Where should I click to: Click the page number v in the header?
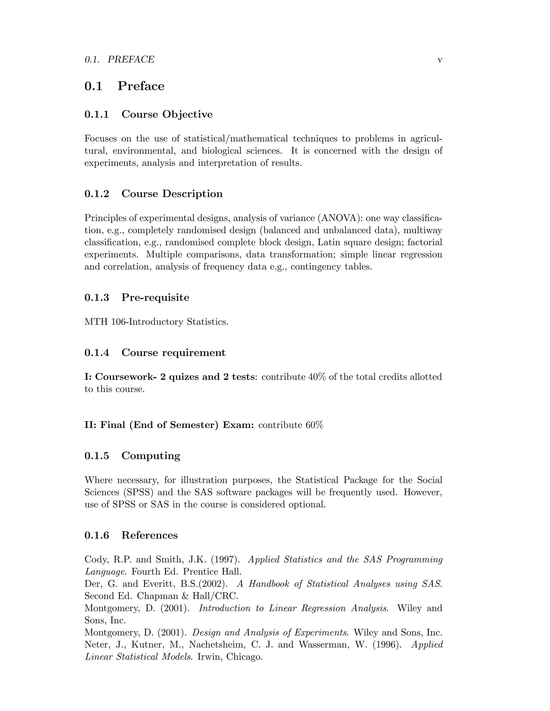440,60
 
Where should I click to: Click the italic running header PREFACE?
131,59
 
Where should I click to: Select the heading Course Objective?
167,114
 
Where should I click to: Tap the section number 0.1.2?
97,194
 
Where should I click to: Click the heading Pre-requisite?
155,297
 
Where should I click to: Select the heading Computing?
151,456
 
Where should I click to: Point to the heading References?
150,535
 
